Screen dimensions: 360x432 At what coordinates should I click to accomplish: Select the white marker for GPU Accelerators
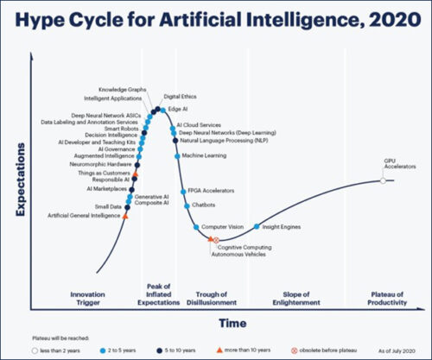[x=383, y=180]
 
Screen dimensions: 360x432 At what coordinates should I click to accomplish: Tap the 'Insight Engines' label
[x=281, y=226]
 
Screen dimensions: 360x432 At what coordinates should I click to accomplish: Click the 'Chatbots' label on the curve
[x=203, y=205]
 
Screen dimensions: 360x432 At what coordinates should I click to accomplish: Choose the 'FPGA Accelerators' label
[x=211, y=190]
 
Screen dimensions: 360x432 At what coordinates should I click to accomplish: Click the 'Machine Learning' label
[x=204, y=155]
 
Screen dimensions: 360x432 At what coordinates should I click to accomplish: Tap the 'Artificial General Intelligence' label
[x=84, y=215]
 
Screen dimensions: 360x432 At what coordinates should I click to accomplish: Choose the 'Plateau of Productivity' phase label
[x=386, y=299]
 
